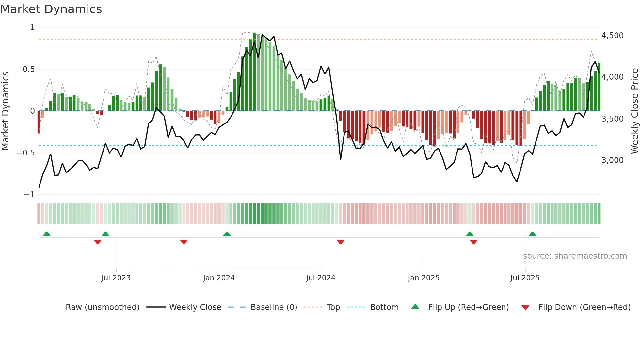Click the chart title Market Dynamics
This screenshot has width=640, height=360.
[51, 9]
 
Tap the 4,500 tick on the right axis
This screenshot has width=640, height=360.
[612, 35]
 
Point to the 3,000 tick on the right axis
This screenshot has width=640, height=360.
[612, 160]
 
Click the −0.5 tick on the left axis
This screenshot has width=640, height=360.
[26, 153]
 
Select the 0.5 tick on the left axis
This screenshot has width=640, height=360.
[28, 69]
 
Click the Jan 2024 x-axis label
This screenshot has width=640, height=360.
[219, 278]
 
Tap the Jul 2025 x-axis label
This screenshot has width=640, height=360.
[525, 278]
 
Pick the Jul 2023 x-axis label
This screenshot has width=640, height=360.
[116, 278]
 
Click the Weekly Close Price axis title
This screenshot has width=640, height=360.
[634, 111]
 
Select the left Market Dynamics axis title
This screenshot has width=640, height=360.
[5, 111]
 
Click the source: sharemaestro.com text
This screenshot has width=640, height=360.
[575, 256]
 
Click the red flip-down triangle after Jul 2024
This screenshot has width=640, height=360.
[340, 242]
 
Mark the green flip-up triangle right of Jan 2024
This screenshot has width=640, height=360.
[227, 234]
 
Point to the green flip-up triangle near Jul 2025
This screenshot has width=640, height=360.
[532, 234]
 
